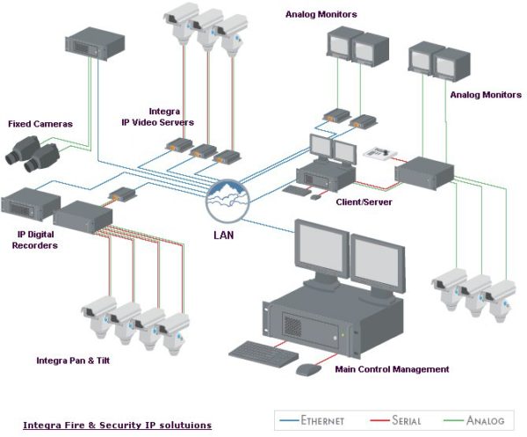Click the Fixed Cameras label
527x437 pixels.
[40, 124]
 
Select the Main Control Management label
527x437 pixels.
[392, 368]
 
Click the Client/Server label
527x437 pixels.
[363, 201]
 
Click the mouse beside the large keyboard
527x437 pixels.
[307, 369]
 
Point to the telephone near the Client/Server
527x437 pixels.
[379, 153]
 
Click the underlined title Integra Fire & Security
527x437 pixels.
[117, 425]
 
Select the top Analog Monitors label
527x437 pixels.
[321, 15]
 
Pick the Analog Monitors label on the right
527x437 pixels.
[486, 94]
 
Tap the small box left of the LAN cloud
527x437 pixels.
[121, 194]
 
